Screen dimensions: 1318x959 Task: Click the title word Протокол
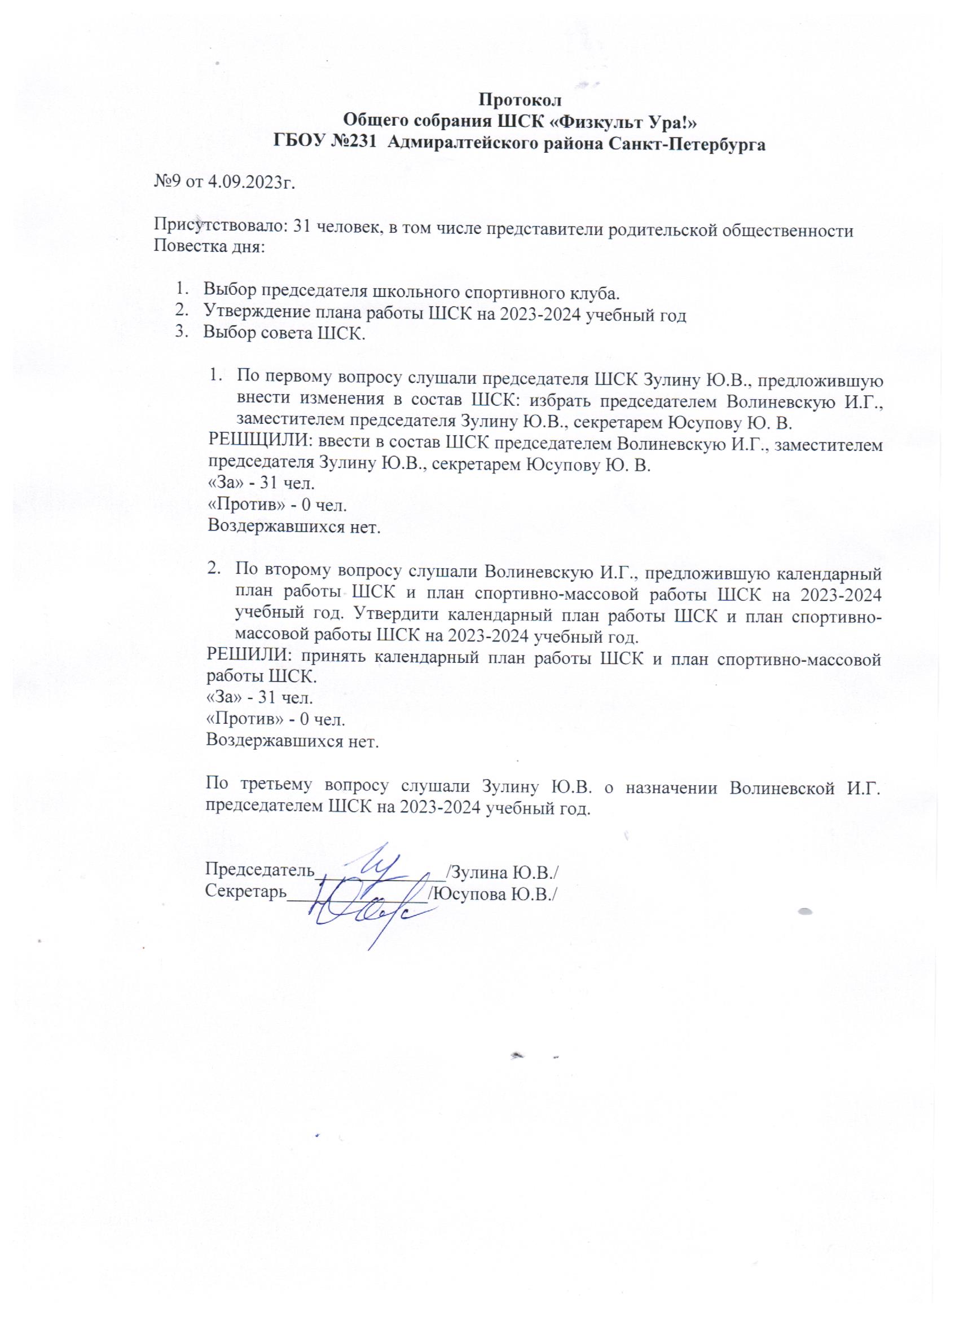coord(520,100)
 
